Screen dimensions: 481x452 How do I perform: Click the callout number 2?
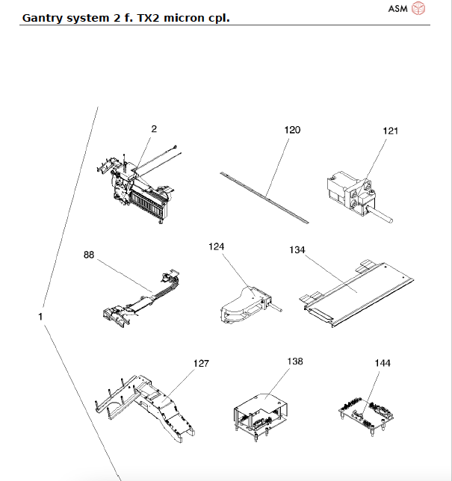click(154, 129)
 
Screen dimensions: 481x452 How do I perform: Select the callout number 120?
click(292, 130)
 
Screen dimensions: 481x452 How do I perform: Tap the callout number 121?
click(391, 131)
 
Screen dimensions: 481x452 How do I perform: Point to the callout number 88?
click(89, 255)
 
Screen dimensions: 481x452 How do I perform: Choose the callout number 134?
click(297, 250)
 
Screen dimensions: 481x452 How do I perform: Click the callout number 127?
click(201, 364)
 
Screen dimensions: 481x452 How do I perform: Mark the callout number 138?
click(295, 361)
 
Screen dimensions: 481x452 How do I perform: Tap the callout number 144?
click(383, 363)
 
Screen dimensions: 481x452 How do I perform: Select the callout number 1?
click(40, 317)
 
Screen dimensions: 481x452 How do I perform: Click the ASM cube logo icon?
click(420, 8)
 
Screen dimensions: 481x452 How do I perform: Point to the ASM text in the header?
click(398, 9)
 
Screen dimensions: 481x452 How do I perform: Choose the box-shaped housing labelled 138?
click(265, 409)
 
